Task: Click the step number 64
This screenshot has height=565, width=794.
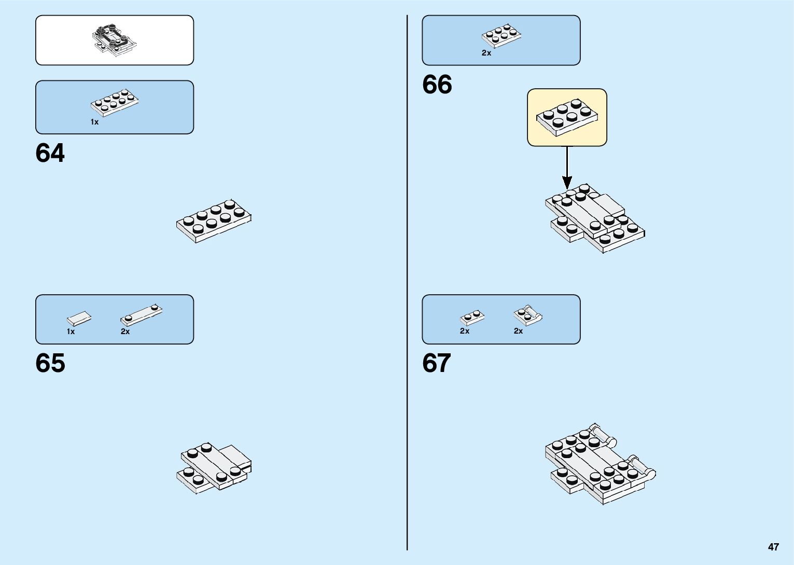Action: click(x=50, y=154)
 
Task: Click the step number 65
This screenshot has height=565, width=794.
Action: click(x=50, y=363)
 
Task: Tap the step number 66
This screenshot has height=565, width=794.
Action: click(x=437, y=85)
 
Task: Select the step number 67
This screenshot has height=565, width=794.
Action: click(x=437, y=363)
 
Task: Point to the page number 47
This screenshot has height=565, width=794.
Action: click(x=773, y=547)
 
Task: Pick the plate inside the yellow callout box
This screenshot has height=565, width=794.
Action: click(x=567, y=117)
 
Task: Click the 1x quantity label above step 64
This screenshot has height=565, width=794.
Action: click(x=94, y=122)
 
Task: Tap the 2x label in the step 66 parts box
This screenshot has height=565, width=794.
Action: click(x=486, y=53)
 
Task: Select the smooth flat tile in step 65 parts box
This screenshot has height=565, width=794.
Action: click(x=79, y=318)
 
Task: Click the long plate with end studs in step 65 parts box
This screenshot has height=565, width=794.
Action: click(x=142, y=314)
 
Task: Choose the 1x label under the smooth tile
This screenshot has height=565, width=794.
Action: click(x=71, y=332)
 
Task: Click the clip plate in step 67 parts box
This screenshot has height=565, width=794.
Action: click(x=527, y=315)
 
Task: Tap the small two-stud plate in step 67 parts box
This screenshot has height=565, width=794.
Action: click(x=472, y=317)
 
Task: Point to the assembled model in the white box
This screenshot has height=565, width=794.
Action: click(x=114, y=40)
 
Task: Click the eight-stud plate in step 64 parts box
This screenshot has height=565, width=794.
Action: click(x=114, y=102)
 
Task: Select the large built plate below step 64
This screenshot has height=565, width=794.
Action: click(x=214, y=221)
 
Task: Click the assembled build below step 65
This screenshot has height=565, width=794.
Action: click(x=214, y=467)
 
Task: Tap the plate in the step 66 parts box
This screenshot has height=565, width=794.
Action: click(x=501, y=36)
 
